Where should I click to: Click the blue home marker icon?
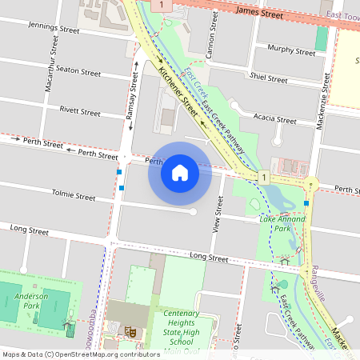coord(180,172)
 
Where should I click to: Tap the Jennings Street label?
coord(54,28)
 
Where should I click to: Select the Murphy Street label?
coord(293,51)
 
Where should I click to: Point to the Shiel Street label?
coord(268,78)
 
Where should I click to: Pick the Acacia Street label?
coord(274,120)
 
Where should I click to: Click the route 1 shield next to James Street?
coord(162,6)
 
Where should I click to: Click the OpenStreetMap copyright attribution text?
coord(80,354)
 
